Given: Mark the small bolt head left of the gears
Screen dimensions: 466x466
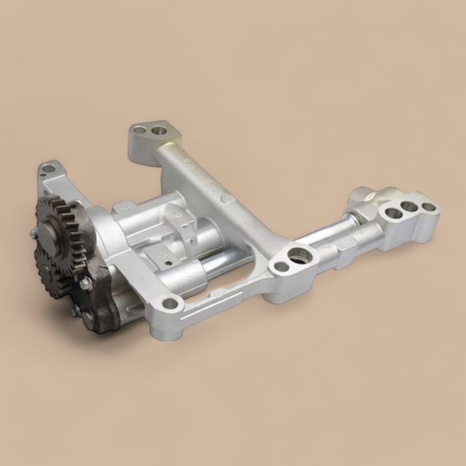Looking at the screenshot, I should point(34,234).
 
